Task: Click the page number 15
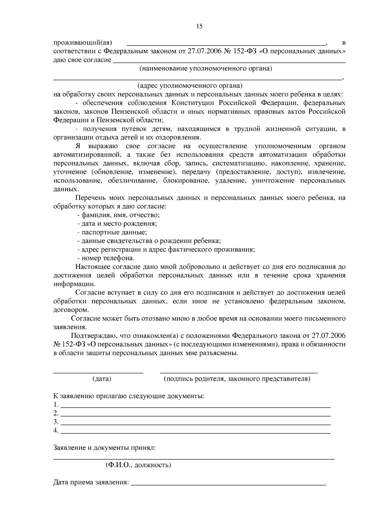click(x=199, y=26)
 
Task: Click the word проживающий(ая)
click(x=83, y=42)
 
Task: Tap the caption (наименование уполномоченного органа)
click(x=206, y=68)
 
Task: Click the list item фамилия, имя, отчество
click(x=118, y=215)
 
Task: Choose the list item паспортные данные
click(x=112, y=232)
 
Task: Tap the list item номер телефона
click(x=106, y=258)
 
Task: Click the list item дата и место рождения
click(x=117, y=223)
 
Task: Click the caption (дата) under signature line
click(x=102, y=379)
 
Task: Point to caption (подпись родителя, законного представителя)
click(x=237, y=379)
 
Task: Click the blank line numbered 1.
click(x=195, y=405)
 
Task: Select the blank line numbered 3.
click(x=195, y=423)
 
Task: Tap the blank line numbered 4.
click(x=195, y=432)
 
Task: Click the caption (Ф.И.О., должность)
click(x=138, y=465)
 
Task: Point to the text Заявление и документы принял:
click(x=104, y=448)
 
